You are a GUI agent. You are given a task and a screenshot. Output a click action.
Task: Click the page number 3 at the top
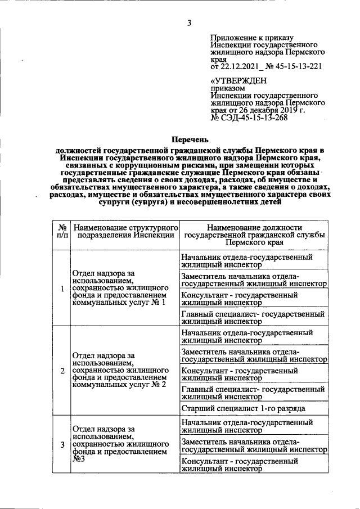click(x=190, y=22)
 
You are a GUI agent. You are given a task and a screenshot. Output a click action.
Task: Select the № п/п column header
click(x=62, y=231)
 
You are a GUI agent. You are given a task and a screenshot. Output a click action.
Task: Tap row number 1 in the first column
click(x=62, y=289)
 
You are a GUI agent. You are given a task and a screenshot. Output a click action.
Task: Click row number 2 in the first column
click(x=62, y=372)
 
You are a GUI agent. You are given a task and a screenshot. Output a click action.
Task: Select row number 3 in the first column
click(x=62, y=445)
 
